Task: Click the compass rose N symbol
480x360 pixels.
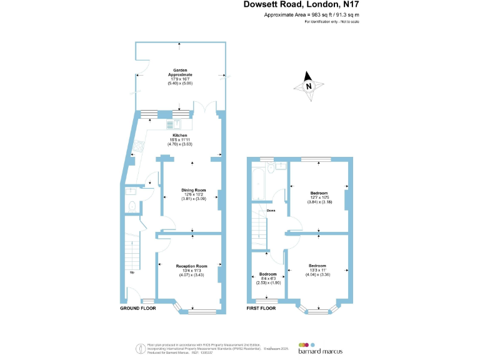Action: click(308, 87)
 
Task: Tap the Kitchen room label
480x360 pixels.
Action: click(180, 135)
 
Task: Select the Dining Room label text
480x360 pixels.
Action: click(194, 190)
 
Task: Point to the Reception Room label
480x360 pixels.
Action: click(191, 266)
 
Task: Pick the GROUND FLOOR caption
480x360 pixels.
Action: click(137, 309)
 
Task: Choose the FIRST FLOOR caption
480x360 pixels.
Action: click(261, 309)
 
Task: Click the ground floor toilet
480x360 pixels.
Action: click(131, 206)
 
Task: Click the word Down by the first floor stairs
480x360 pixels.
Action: click(271, 211)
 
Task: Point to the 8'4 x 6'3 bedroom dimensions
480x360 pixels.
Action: click(267, 282)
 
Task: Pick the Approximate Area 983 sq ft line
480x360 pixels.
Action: click(312, 14)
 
